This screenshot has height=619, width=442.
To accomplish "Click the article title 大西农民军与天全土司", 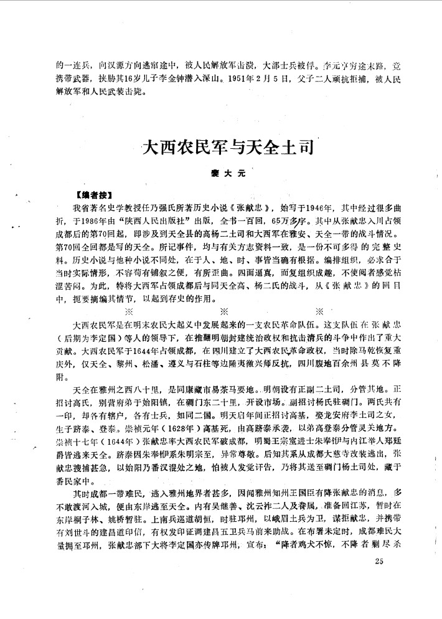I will point(227,149).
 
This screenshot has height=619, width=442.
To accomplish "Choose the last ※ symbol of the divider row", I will point(319,311).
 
